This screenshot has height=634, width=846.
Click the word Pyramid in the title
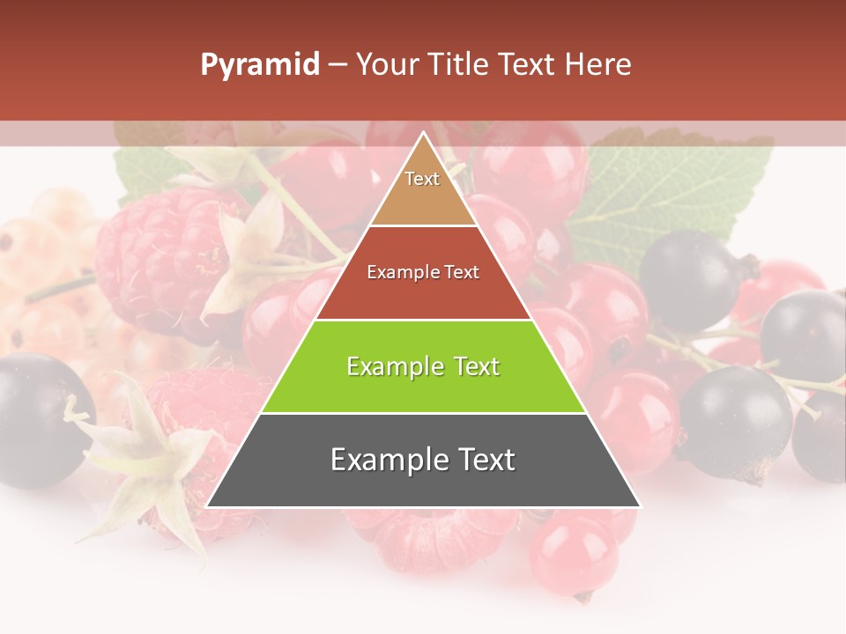click(259, 65)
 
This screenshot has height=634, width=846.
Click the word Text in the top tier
click(422, 179)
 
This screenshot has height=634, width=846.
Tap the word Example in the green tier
click(389, 366)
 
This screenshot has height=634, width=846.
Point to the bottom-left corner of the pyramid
click(208, 506)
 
